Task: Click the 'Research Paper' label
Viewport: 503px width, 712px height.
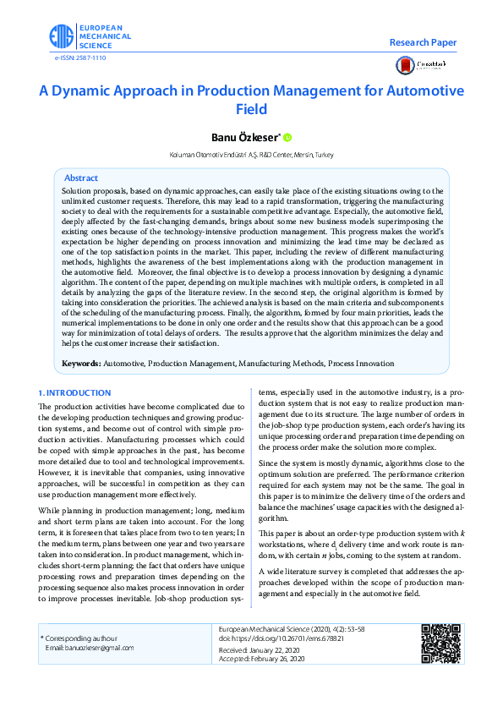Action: click(x=423, y=42)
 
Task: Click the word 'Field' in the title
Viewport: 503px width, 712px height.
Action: click(x=251, y=109)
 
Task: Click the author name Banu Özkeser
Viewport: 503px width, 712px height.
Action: click(x=244, y=137)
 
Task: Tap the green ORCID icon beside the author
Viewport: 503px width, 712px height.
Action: click(x=287, y=138)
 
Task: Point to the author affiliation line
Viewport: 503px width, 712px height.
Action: click(x=251, y=155)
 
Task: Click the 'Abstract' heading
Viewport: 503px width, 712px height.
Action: click(x=81, y=178)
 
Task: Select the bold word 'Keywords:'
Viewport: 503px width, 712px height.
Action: click(x=82, y=364)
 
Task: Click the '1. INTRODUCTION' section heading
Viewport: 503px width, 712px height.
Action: click(x=75, y=393)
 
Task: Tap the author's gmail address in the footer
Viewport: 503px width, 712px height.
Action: click(x=90, y=648)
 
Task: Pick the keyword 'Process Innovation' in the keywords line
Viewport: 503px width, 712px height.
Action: click(x=361, y=364)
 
